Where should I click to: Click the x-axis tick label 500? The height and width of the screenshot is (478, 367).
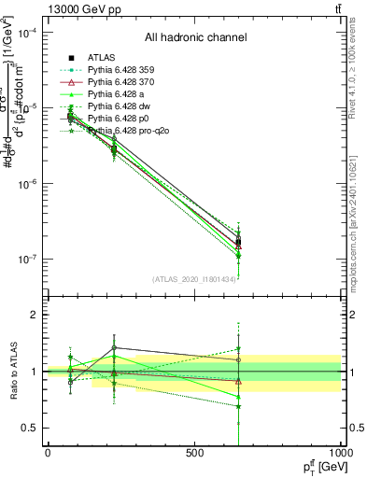tap(194, 454)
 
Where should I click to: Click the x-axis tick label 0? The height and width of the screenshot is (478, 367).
tap(48, 454)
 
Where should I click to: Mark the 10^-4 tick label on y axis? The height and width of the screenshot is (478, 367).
tap(28, 33)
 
